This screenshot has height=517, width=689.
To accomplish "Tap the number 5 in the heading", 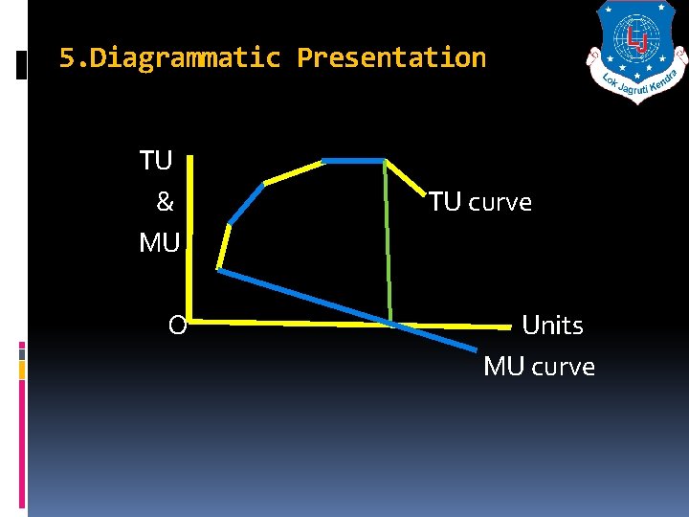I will (x=66, y=58).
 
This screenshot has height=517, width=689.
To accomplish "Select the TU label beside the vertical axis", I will (x=156, y=161).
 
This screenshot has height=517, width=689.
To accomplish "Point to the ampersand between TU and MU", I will (x=165, y=202).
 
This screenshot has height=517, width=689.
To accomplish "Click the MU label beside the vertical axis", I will (x=159, y=243).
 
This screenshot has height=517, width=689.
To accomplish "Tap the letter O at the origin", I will (x=177, y=326).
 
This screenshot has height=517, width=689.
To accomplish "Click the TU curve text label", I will (x=479, y=202).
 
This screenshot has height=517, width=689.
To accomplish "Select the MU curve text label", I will (x=539, y=367).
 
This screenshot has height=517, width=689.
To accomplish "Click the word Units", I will (x=552, y=326).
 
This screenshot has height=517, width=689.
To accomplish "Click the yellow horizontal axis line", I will (x=287, y=323).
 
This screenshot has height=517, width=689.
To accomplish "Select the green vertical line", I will (x=388, y=239).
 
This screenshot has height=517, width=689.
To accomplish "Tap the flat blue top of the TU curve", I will (x=353, y=160).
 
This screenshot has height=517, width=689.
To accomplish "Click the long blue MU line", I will (x=316, y=301).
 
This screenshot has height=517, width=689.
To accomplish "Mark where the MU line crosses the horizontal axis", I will (x=393, y=325).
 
